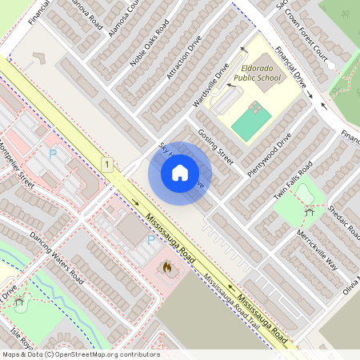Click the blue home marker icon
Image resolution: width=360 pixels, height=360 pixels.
click(x=180, y=173)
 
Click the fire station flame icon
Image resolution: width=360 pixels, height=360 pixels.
click(x=167, y=268)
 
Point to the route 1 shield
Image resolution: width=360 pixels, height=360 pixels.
click(x=106, y=164)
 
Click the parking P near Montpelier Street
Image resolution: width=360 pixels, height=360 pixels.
click(x=54, y=154)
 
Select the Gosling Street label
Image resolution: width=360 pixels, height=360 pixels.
click(x=215, y=148)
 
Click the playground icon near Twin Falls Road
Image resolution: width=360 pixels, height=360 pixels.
click(x=309, y=211)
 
